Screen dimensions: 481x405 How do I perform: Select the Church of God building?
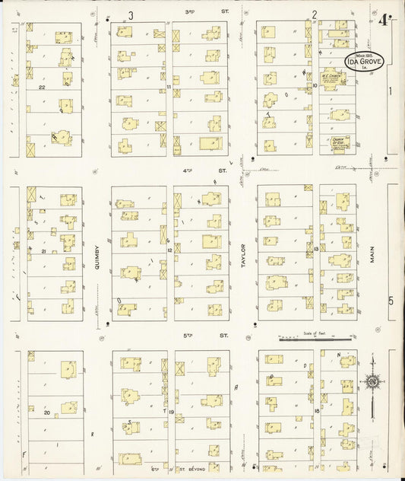click(332, 142)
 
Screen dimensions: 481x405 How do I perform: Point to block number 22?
click(43, 88)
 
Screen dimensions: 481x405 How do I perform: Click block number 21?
click(44, 251)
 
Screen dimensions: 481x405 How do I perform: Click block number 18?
click(315, 411)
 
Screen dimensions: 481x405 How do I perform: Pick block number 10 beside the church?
click(315, 86)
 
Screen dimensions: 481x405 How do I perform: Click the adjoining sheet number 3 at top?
click(131, 14)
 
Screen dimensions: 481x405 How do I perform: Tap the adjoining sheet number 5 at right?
click(391, 300)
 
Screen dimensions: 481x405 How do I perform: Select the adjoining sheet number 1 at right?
click(391, 91)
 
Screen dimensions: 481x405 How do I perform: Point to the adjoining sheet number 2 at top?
click(313, 14)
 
